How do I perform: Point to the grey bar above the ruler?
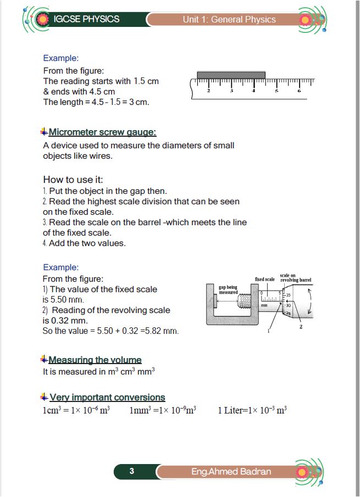point(231,75)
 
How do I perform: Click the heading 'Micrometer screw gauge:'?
point(102,132)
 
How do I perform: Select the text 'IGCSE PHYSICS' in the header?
point(86,19)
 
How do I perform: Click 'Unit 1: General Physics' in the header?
point(229,20)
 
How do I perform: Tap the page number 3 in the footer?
point(132,471)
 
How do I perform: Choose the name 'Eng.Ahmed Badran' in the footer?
point(231,472)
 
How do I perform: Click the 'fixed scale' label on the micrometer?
point(265,280)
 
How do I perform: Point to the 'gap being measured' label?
point(228,289)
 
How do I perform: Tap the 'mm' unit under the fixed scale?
point(264,305)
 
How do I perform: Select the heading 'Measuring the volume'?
point(95,360)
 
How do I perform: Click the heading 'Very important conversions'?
point(107,397)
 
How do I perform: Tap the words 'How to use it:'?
point(73,180)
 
